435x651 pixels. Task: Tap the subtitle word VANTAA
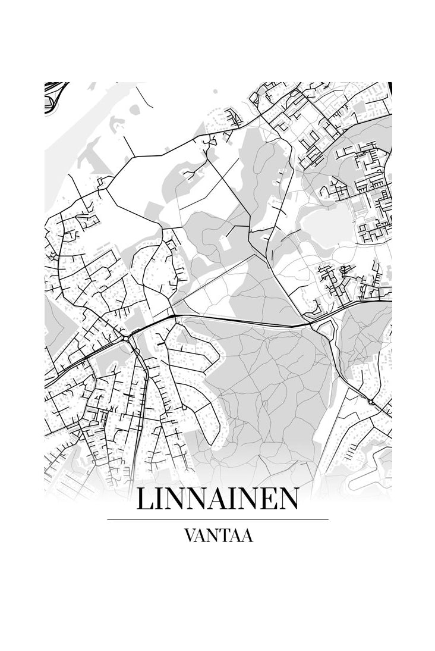(219, 536)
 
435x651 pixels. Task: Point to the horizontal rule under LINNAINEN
(218, 519)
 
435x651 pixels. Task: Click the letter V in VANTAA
(191, 536)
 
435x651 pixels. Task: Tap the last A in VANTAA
(247, 536)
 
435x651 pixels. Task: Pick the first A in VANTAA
(201, 536)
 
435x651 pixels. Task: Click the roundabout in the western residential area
(126, 338)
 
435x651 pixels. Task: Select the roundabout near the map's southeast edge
(371, 402)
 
